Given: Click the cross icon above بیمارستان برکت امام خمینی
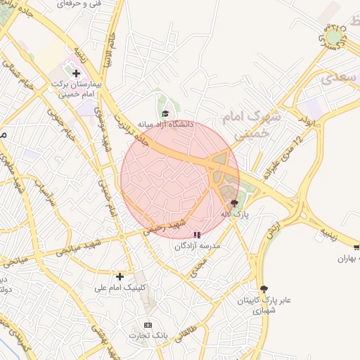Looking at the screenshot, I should click(x=77, y=73).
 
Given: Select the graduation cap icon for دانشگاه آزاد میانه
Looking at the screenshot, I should click(x=165, y=113).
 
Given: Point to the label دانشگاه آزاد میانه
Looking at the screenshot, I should click(x=165, y=124).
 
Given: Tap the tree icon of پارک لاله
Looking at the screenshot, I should click(x=234, y=202).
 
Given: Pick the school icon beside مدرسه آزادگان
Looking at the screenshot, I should click(x=196, y=235).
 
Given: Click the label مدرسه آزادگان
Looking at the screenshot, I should click(x=202, y=245).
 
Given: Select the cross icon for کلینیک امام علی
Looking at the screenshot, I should click(x=120, y=276).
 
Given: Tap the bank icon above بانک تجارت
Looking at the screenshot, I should click(x=148, y=325).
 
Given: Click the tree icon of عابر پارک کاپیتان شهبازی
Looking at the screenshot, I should click(x=264, y=288).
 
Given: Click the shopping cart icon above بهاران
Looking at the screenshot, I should click(x=356, y=247).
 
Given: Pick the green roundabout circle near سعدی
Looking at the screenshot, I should click(x=335, y=35).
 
